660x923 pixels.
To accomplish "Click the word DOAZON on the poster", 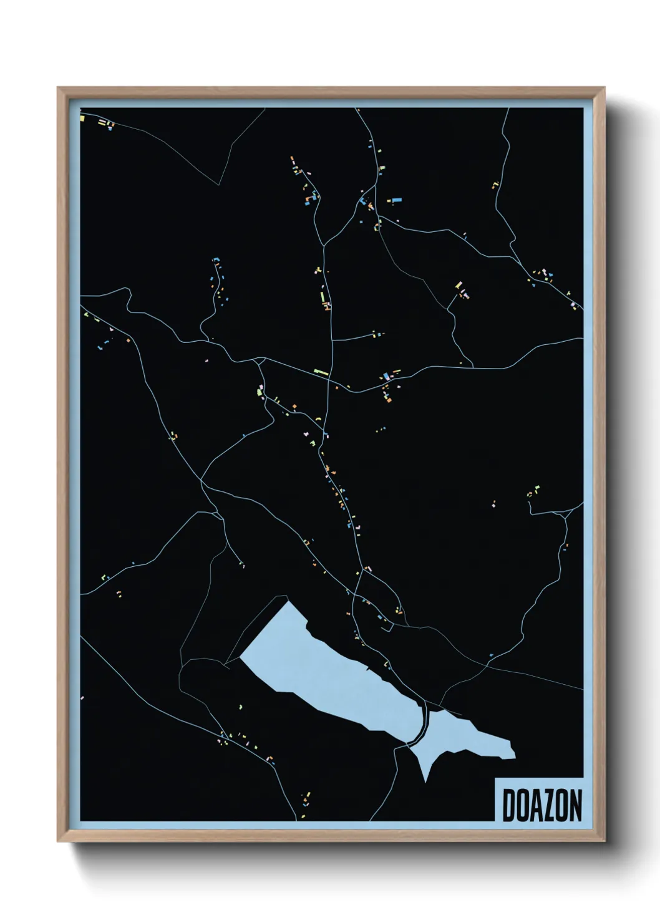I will (x=541, y=805).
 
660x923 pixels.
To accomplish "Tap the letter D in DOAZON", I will (x=508, y=805).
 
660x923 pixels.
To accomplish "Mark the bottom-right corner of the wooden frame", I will (x=603, y=840).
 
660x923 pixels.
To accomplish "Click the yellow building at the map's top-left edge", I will (x=82, y=117).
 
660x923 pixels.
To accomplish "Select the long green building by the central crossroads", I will (x=321, y=372).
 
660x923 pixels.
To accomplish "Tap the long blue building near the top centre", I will (x=394, y=201).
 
